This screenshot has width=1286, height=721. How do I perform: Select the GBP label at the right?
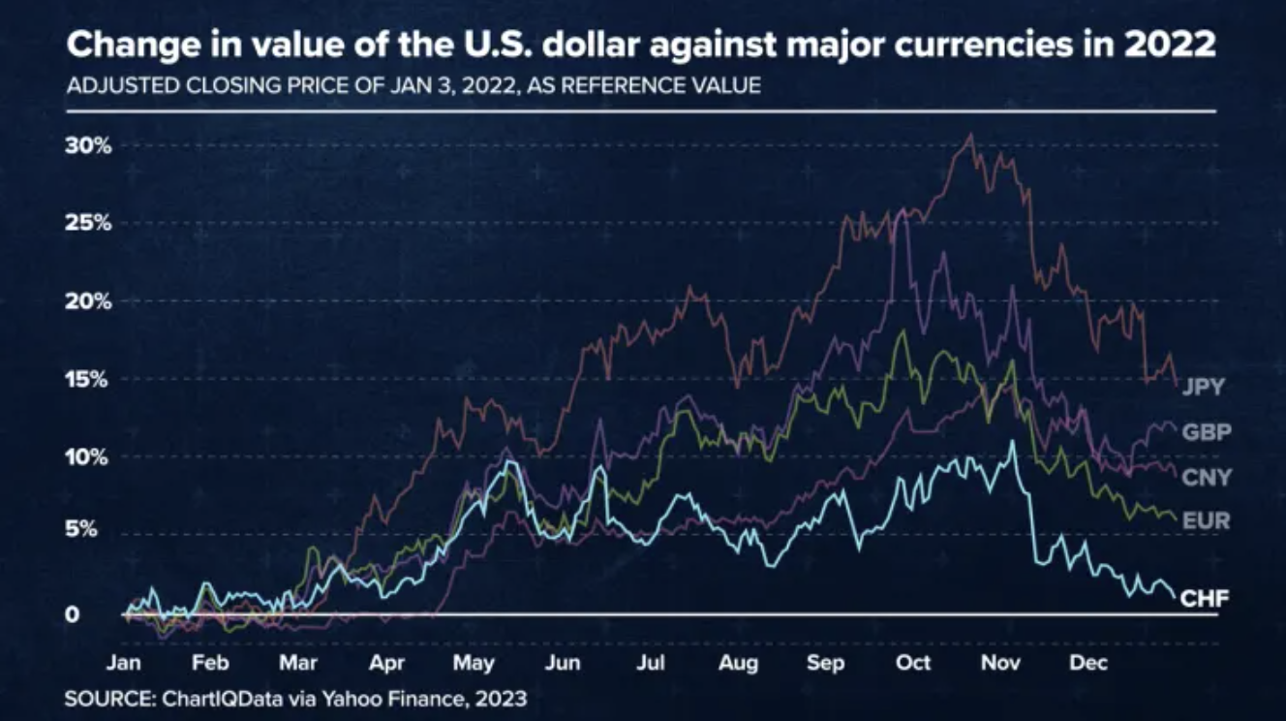click(x=1206, y=432)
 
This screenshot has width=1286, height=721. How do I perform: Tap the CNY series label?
click(x=1206, y=477)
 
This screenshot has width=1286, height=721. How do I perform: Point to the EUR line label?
click(x=1206, y=521)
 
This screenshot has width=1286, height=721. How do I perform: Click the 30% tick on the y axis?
click(x=89, y=146)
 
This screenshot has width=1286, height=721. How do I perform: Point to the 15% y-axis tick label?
click(x=89, y=379)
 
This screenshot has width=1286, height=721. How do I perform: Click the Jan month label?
click(x=123, y=664)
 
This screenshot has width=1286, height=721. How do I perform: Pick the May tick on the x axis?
click(x=473, y=664)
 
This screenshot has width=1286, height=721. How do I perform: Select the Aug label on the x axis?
click(x=738, y=664)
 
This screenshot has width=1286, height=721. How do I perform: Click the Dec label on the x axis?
click(x=1088, y=664)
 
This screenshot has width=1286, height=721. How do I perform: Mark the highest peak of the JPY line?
click(x=970, y=135)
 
